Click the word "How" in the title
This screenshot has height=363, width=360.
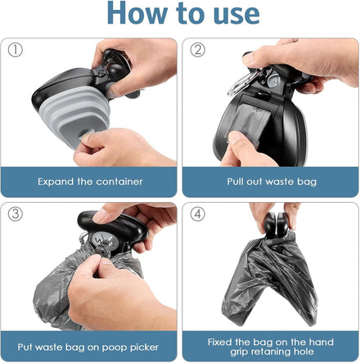click(x=137, y=12)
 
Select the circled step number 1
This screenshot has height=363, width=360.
click(x=15, y=50)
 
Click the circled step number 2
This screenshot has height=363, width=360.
click(x=197, y=50)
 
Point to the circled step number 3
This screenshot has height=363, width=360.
click(x=15, y=214)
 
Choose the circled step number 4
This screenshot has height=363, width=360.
click(x=197, y=214)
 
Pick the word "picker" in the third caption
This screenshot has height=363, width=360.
click(x=144, y=347)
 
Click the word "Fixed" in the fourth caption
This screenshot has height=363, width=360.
click(x=220, y=342)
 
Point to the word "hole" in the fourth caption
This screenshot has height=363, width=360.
click(x=304, y=352)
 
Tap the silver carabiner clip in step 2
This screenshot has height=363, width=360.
click(x=241, y=82)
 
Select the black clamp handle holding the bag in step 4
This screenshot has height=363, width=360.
click(x=276, y=225)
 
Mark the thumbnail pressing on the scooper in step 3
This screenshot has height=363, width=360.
click(x=100, y=216)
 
